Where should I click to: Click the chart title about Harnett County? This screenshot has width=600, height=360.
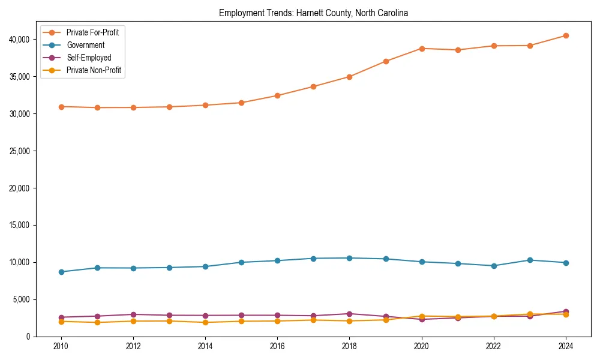click(x=313, y=13)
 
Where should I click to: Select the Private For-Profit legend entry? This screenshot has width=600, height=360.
click(x=92, y=32)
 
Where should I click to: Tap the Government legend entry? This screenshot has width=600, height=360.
click(x=85, y=45)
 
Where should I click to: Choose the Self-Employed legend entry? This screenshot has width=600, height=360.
click(x=89, y=58)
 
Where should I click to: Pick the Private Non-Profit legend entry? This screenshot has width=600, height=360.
click(x=94, y=70)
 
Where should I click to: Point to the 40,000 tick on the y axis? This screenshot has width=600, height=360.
click(x=19, y=40)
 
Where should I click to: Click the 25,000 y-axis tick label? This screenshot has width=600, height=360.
click(x=19, y=151)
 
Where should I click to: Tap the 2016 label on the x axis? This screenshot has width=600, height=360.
click(x=277, y=346)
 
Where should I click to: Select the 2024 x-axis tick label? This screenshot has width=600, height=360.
click(x=566, y=346)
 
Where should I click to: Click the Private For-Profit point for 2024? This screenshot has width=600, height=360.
click(x=566, y=35)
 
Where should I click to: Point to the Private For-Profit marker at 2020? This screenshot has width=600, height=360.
click(x=422, y=49)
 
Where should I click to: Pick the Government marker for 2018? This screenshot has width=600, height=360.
click(x=350, y=258)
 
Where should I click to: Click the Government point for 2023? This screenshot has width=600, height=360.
click(x=530, y=260)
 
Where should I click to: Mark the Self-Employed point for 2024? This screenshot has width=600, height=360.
click(x=566, y=311)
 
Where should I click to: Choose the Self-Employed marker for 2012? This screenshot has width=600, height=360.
click(x=133, y=314)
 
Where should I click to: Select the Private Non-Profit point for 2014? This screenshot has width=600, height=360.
click(x=205, y=322)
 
